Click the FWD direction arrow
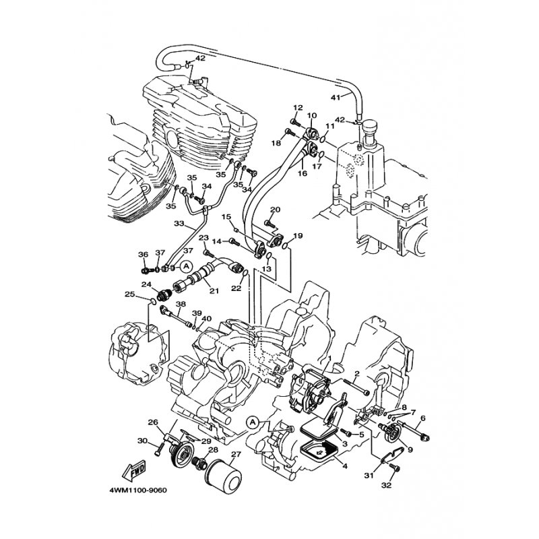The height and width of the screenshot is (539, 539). point(134,470)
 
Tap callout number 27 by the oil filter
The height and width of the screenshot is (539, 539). point(236,454)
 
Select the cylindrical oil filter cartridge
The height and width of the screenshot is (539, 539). point(223,477)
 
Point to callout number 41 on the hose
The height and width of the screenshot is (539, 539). point(335,97)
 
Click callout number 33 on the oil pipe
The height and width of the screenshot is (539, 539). point(179,224)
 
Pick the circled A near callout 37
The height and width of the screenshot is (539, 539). point(186,265)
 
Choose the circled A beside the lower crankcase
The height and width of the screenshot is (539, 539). point(253,422)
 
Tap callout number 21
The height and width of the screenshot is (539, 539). point(214,291)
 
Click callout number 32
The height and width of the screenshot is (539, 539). point(386,485)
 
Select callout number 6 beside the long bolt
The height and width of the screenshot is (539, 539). point(423,418)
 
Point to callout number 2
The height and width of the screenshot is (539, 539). point(357,373)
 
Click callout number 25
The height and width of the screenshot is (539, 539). point(129,294)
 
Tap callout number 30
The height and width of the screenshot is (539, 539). point(142,440)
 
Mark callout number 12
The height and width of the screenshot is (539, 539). point(298,108)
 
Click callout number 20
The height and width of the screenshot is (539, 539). point(276,210)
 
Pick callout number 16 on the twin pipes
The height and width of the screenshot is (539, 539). point(302,173)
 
